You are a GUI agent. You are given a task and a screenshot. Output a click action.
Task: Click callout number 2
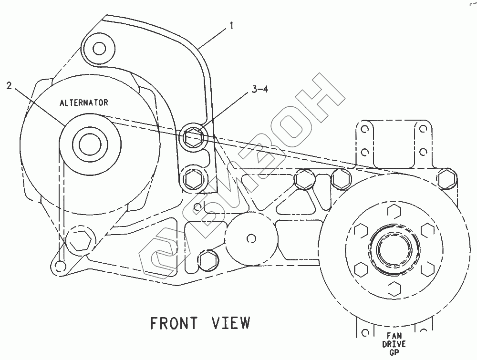point(9,85)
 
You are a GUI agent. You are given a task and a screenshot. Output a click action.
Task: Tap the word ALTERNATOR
point(83,103)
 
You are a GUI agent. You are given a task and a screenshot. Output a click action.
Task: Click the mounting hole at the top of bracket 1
point(99,48)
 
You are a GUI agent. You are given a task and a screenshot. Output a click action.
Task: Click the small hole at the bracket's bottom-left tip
point(59,266)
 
